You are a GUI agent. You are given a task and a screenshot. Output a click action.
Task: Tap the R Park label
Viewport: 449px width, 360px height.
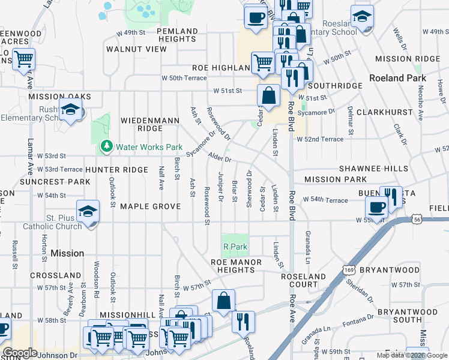coord(235,247)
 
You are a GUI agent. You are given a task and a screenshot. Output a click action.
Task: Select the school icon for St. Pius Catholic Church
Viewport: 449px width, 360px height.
coord(88,211)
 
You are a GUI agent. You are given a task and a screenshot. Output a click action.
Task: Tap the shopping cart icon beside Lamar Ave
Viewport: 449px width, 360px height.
coord(23,59)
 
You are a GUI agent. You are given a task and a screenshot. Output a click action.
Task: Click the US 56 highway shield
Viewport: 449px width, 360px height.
coord(417,220)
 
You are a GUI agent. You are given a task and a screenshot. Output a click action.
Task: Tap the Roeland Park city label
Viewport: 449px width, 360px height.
coord(397,78)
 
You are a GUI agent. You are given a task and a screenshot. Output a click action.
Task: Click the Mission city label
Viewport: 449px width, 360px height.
coord(67,253)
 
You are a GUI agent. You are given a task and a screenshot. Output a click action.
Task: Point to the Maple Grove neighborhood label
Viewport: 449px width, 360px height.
coord(150,206)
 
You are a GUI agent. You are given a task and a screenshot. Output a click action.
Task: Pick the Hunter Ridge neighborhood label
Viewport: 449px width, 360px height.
coord(116,170)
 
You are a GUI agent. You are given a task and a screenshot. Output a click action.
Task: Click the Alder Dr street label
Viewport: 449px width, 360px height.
coord(219,158)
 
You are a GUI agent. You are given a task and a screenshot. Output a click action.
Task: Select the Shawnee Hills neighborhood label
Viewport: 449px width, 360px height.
coord(373,169)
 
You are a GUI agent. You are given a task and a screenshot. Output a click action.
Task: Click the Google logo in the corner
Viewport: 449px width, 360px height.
coord(20,352)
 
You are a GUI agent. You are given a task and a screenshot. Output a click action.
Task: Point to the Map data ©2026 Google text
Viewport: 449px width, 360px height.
coord(411,355)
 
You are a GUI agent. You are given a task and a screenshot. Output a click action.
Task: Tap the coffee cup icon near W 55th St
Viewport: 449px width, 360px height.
coord(376,208)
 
